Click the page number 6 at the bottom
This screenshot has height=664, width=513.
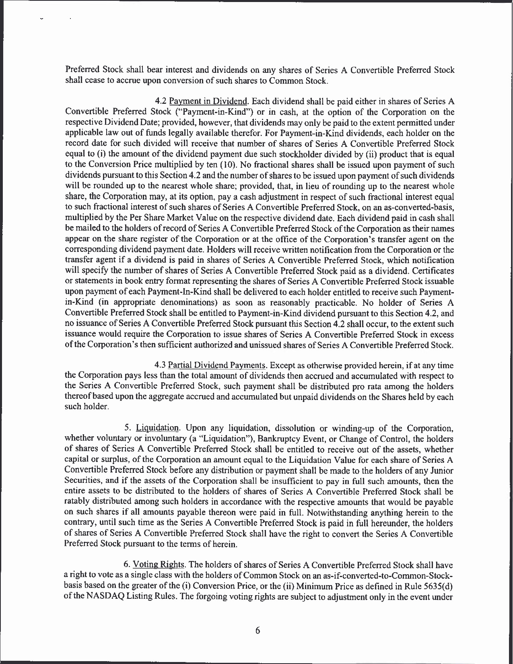[x=258, y=630]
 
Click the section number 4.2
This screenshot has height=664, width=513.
[x=161, y=101]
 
